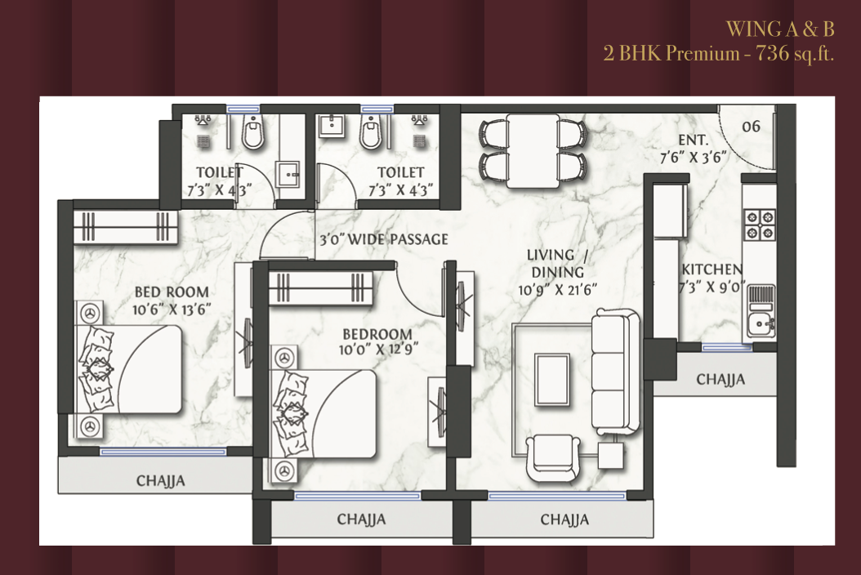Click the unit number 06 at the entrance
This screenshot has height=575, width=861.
[752, 127]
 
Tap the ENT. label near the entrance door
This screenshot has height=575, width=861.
[694, 140]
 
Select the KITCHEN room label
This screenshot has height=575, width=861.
[712, 270]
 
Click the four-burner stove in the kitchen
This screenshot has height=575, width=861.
[760, 225]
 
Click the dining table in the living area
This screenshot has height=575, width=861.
[533, 150]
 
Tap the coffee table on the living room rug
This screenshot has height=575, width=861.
[552, 380]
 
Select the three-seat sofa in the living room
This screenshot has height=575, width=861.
[616, 372]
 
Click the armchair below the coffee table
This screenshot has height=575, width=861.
[552, 458]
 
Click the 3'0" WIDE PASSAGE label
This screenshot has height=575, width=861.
[384, 239]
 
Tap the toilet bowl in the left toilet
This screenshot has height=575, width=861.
[253, 132]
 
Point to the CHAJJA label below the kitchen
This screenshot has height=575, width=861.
[720, 380]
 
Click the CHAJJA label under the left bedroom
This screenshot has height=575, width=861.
[160, 481]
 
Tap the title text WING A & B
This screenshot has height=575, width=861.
[780, 29]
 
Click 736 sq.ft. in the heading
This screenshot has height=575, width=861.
[795, 54]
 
